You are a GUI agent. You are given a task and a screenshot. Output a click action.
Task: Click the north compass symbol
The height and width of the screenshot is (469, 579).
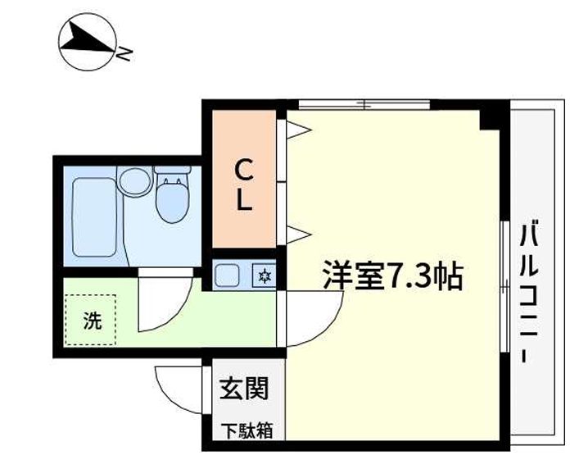pyautogui.click(x=87, y=41)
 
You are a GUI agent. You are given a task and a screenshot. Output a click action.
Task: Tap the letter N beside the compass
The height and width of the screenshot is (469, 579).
pyautogui.click(x=124, y=54)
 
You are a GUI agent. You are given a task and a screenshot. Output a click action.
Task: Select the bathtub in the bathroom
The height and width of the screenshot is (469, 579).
pyautogui.click(x=94, y=217)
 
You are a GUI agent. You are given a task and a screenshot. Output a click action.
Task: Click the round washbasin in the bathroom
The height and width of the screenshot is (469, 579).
pyautogui.click(x=135, y=181)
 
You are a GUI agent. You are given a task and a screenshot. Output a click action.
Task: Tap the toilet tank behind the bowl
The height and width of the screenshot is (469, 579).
pyautogui.click(x=172, y=170)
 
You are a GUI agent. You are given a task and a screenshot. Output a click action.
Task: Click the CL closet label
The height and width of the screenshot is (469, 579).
pyautogui.click(x=244, y=184)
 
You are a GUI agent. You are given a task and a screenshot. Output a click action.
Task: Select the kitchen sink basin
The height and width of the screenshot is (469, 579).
pyautogui.click(x=227, y=275)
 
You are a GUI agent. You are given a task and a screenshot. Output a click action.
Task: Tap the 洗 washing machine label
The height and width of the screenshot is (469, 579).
pyautogui.click(x=92, y=320)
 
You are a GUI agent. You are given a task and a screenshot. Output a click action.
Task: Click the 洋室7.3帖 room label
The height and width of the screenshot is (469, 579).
pyautogui.click(x=393, y=275)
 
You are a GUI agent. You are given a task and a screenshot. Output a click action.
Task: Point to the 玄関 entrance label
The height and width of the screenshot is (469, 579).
pyautogui.click(x=244, y=388)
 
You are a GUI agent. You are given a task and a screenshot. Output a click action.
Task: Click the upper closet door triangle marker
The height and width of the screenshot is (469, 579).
pyautogui.click(x=299, y=130)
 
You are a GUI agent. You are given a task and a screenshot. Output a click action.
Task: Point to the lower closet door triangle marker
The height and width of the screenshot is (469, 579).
pyautogui.click(x=299, y=234)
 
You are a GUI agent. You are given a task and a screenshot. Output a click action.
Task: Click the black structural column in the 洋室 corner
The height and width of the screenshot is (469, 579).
pyautogui.click(x=490, y=120)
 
